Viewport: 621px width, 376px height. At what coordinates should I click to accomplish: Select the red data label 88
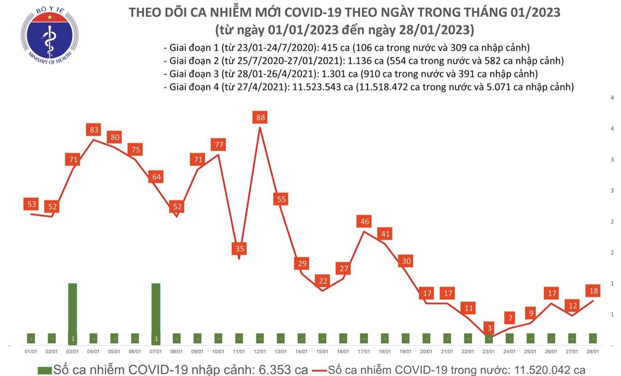coord(260,117)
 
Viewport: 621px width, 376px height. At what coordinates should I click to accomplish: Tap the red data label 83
coord(93,130)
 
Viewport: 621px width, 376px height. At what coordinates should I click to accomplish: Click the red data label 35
coord(239,249)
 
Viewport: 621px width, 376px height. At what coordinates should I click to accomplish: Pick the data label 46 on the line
coord(364,221)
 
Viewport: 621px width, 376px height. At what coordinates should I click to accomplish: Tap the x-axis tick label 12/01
coord(260,352)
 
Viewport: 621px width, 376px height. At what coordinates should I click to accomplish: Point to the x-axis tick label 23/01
coord(489,352)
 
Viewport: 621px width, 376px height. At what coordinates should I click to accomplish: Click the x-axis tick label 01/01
coord(31,352)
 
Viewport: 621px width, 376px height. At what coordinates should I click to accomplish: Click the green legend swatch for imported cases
coord(45,369)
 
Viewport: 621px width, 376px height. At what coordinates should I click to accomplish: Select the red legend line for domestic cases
coord(320,369)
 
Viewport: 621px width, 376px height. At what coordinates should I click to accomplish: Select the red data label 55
coord(281,199)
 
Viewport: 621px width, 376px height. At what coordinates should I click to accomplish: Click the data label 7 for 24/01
coord(510,318)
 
